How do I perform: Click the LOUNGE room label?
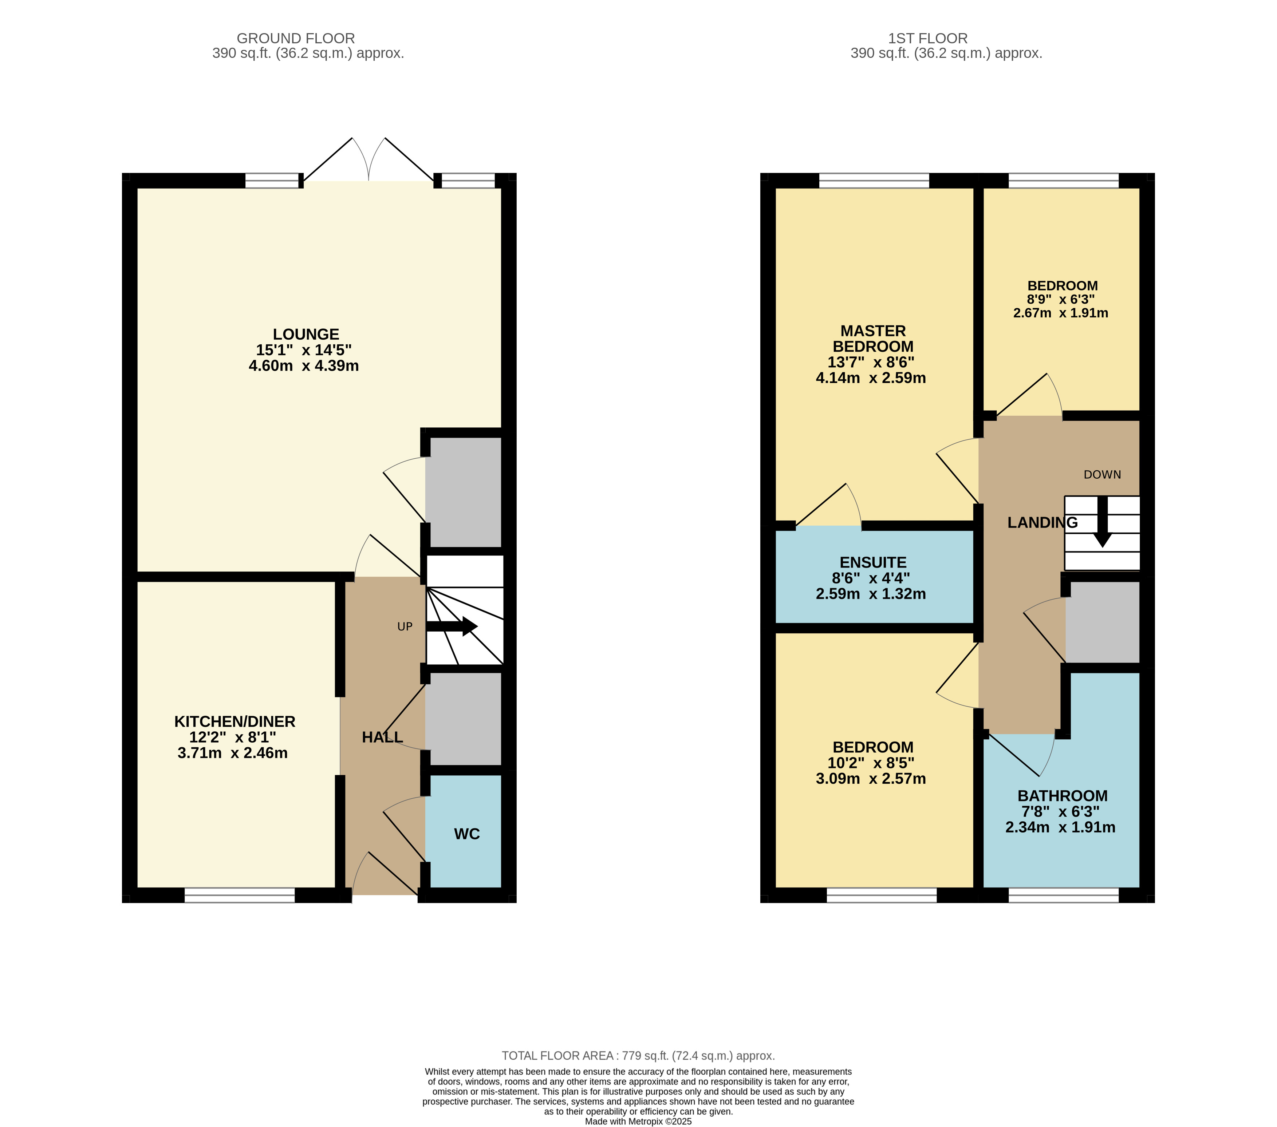(306, 334)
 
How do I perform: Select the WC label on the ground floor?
(467, 834)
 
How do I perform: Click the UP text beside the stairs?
(405, 626)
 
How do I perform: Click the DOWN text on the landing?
(1102, 475)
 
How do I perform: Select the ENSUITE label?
(873, 563)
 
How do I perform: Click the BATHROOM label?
(1062, 796)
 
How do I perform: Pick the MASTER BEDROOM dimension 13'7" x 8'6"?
(871, 362)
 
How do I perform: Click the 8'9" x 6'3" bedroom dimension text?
(1061, 299)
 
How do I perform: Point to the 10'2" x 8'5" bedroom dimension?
(871, 763)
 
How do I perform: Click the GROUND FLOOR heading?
(296, 39)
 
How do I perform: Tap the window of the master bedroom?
(874, 181)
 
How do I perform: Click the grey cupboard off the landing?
(1102, 622)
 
